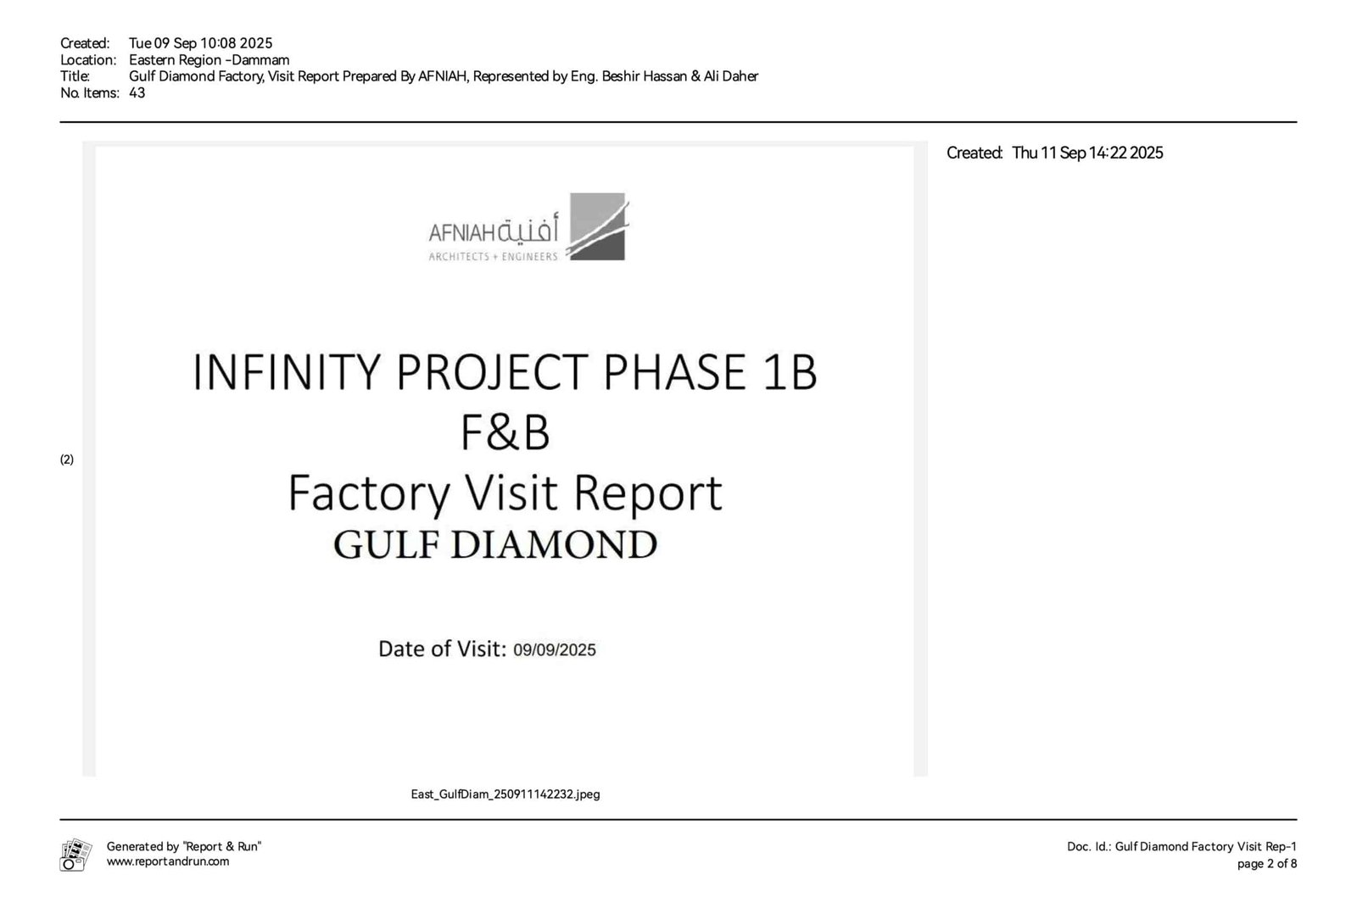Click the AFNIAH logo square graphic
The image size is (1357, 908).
click(598, 226)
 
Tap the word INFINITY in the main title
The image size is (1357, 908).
click(287, 372)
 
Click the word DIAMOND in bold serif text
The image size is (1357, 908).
click(554, 544)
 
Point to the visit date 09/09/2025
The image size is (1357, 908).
click(555, 650)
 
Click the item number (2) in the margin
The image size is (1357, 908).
click(67, 460)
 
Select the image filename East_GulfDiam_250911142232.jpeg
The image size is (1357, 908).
click(505, 794)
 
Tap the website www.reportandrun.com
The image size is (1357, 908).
click(168, 861)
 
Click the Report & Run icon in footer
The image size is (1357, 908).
click(75, 855)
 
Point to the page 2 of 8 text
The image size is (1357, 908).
click(1267, 864)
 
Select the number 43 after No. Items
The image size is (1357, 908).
click(137, 92)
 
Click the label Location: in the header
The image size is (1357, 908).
click(88, 60)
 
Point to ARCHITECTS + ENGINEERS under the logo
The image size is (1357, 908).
click(493, 257)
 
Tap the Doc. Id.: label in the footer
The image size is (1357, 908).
click(1089, 847)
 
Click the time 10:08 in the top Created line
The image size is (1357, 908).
click(218, 43)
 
